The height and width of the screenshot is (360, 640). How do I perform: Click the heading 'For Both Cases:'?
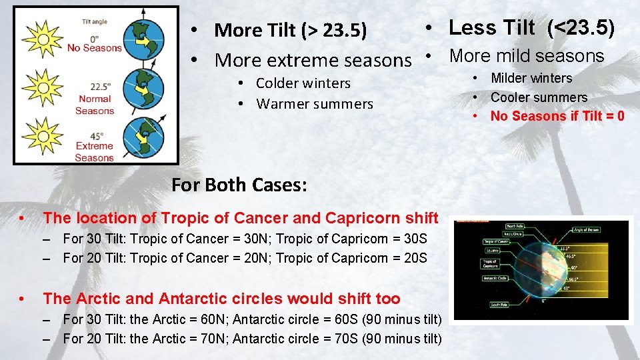[x=239, y=185]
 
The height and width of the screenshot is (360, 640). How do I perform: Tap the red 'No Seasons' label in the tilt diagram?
[x=95, y=48]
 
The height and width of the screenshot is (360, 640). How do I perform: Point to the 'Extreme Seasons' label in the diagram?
[x=95, y=152]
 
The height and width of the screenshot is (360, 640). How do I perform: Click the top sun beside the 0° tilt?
[x=42, y=39]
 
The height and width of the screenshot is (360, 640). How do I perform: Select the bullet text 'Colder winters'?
[x=303, y=83]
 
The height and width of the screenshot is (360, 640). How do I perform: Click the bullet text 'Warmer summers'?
[x=315, y=104]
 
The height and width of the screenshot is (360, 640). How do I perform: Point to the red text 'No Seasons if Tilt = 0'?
[x=557, y=116]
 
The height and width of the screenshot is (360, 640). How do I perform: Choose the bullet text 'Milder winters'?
[x=531, y=78]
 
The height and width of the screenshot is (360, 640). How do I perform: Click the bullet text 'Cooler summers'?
[x=539, y=97]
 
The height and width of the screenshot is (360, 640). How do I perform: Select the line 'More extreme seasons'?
[x=313, y=60]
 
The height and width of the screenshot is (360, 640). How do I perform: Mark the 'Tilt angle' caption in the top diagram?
[x=95, y=22]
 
